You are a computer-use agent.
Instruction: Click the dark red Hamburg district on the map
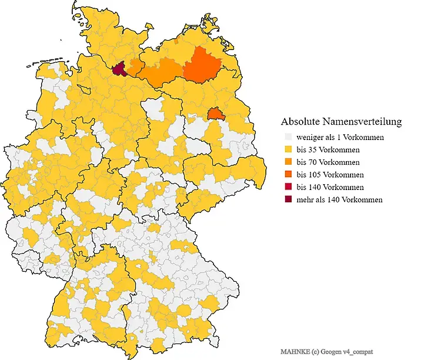(x=119, y=70)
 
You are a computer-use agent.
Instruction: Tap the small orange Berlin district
(x=216, y=114)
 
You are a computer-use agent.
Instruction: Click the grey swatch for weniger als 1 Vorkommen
(x=288, y=137)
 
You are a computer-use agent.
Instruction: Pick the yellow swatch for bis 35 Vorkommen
(x=288, y=149)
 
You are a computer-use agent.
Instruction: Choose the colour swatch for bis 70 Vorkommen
(x=288, y=162)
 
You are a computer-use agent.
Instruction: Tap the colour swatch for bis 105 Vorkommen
(x=288, y=175)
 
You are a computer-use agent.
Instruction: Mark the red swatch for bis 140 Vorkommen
(x=288, y=187)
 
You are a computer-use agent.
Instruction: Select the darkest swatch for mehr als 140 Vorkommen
(x=288, y=199)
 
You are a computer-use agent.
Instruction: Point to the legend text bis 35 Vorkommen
(x=328, y=149)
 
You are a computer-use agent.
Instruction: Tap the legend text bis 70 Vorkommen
(x=328, y=162)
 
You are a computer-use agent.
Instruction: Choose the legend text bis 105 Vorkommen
(x=330, y=175)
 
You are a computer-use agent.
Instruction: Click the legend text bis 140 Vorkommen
(x=330, y=187)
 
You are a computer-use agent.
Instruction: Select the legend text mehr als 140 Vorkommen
(x=339, y=199)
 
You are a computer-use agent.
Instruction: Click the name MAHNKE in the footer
(x=293, y=351)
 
